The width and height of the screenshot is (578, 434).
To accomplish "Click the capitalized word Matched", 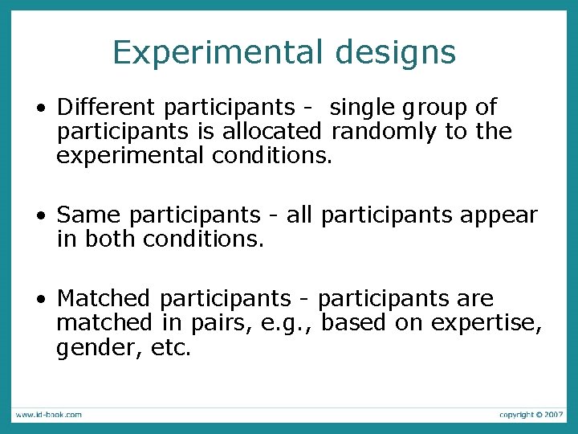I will tap(104, 299).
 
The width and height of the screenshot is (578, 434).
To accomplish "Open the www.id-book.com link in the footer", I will tap(47, 415).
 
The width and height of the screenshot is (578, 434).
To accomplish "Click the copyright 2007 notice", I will tap(531, 415).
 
